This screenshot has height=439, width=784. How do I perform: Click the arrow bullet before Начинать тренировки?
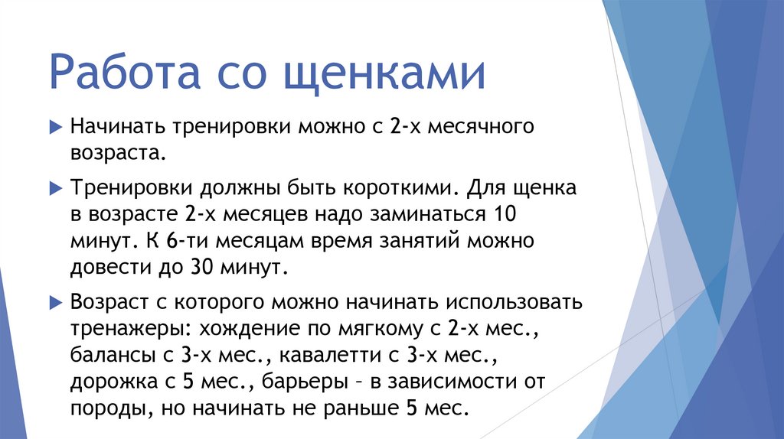point(55,126)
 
